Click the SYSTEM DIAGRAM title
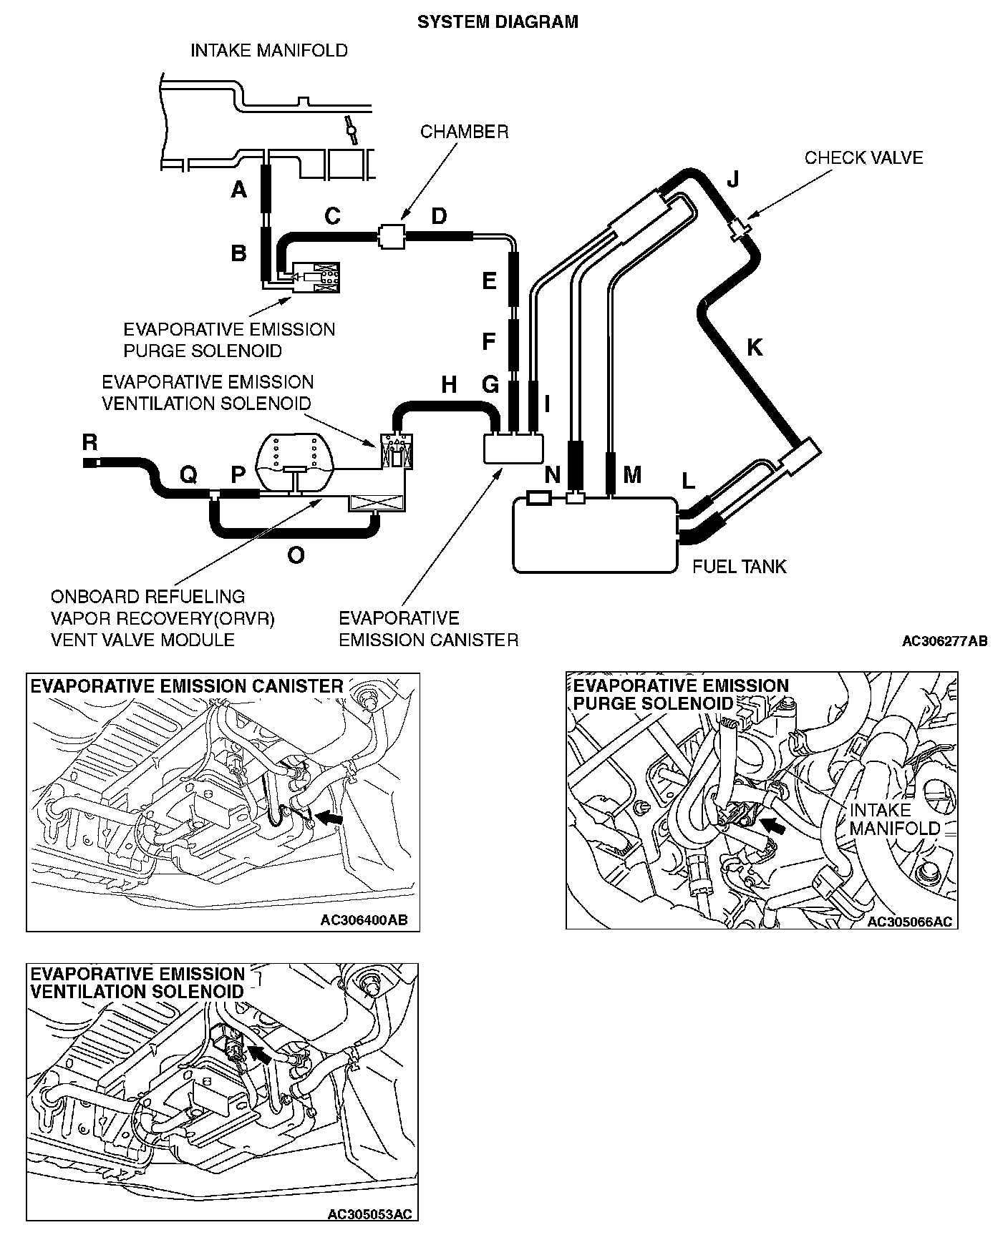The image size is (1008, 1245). pos(498,22)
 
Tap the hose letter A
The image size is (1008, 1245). pos(238,190)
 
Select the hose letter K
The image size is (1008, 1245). pos(755,348)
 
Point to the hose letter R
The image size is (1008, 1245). pos(89,442)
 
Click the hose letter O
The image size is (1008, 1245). pos(295,555)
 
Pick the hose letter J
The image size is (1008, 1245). pos(732,179)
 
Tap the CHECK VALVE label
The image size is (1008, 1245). pos(863,157)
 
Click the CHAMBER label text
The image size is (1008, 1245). pos(464,132)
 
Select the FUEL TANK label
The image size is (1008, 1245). pos(739,567)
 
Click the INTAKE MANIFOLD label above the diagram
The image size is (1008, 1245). pos(268,51)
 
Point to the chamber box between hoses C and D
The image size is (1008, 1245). pos(391,235)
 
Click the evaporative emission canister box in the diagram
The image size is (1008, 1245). pos(513,449)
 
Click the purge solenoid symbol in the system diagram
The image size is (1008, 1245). pos(314,277)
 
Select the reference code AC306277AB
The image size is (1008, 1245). pos(944,641)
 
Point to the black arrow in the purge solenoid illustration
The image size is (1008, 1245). pos(772,826)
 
